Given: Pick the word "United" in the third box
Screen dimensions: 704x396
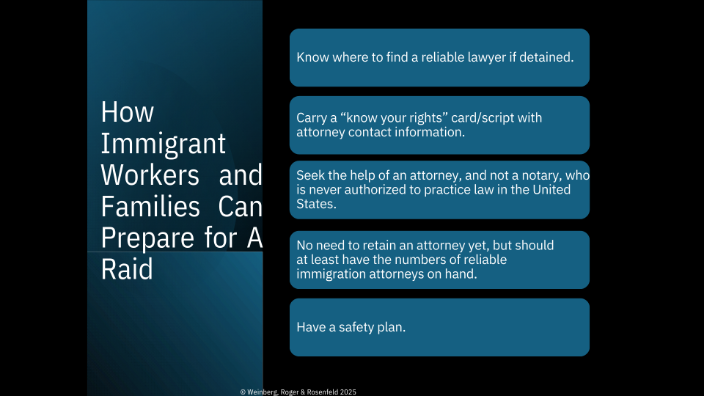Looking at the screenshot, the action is [x=551, y=189].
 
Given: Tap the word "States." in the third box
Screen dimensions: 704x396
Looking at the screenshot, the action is [x=316, y=204].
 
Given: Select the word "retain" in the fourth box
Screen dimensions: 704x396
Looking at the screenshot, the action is [x=378, y=246].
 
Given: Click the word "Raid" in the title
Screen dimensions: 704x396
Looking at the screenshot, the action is [x=127, y=269].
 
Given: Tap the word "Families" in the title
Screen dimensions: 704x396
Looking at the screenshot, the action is [x=150, y=207].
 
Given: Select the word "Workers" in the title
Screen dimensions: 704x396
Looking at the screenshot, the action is [x=150, y=175].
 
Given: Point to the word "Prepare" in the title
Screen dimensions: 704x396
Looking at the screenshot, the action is [x=150, y=239].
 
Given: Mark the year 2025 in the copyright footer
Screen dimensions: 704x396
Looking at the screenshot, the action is [x=348, y=392].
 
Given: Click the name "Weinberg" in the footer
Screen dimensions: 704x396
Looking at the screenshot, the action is [x=263, y=392].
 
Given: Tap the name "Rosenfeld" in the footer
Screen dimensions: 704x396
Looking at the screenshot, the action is [x=323, y=392].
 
